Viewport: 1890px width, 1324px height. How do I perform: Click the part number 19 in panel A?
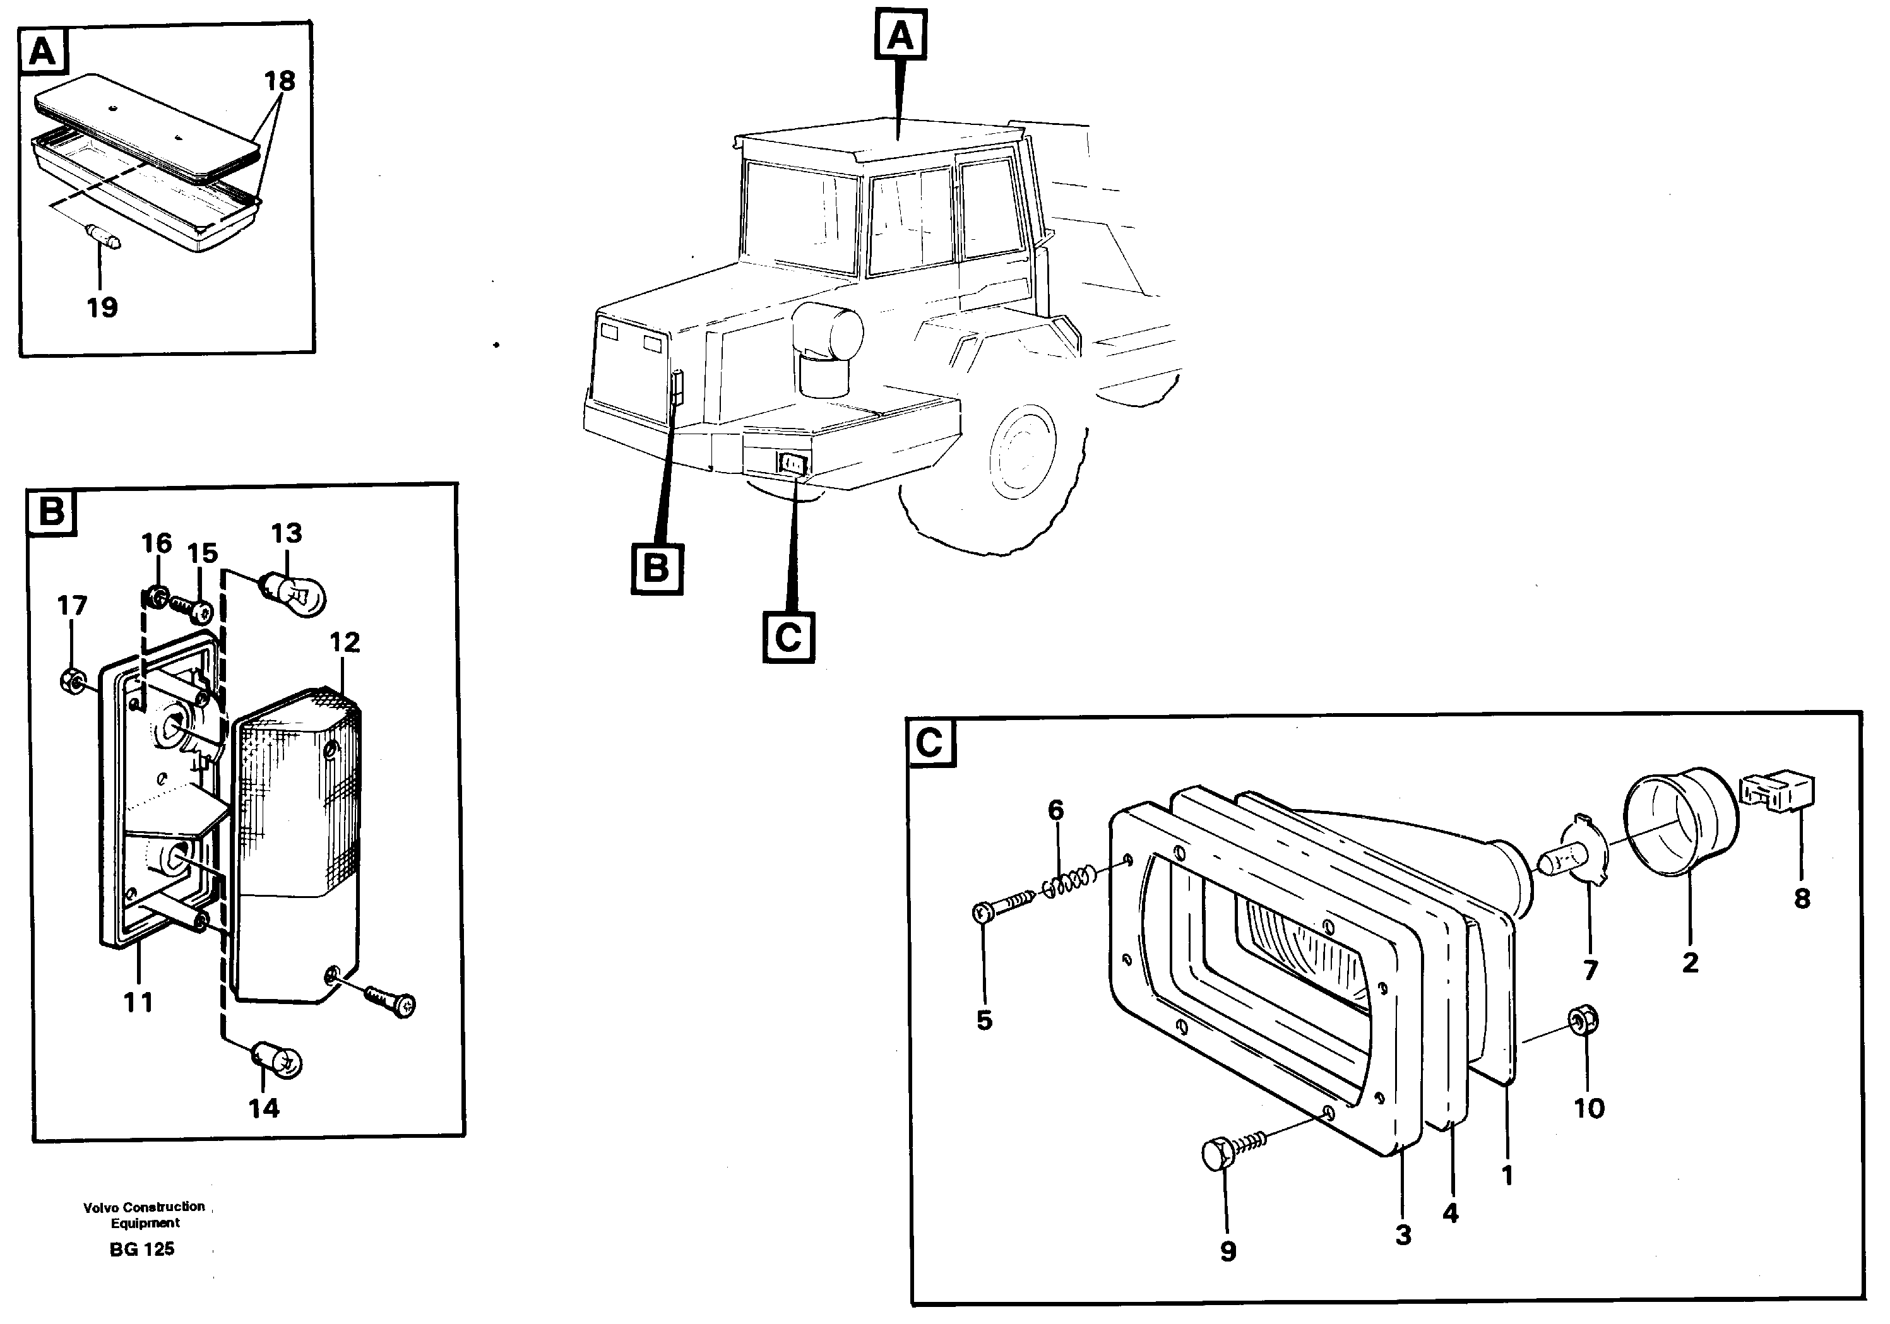102,308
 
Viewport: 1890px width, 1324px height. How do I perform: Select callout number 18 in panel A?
280,81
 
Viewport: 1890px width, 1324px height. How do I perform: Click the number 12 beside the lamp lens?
345,642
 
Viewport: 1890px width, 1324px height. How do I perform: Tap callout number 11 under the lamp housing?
138,1002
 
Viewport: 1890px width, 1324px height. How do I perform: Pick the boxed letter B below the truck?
656,568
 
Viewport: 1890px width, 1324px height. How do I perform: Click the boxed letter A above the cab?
901,35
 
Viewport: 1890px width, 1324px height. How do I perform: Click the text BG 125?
141,1249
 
